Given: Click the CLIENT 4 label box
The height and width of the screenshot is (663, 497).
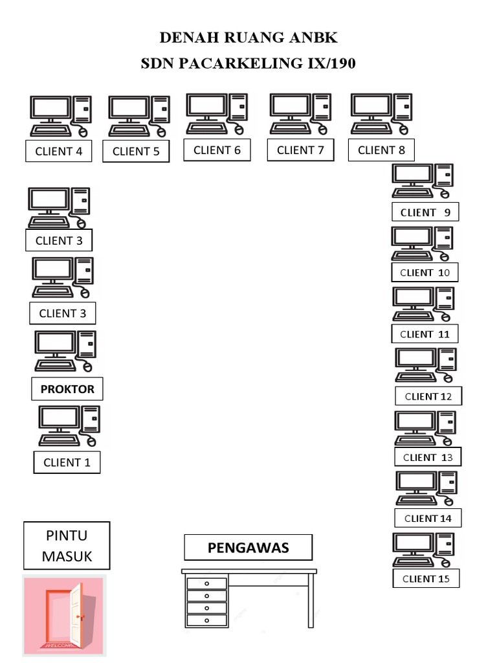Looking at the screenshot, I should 58,152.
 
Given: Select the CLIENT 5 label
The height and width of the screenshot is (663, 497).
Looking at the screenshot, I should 136,152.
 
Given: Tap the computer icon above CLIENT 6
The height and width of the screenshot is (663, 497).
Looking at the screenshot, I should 217,114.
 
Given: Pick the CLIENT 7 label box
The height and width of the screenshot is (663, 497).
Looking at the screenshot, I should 300,150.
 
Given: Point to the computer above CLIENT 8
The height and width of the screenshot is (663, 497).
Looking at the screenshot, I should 381,114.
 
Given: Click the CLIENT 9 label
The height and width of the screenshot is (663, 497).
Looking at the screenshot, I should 425,212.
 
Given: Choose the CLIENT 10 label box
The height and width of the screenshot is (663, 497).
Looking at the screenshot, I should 425,273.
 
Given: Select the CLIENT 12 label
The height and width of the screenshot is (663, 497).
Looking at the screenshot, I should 428,396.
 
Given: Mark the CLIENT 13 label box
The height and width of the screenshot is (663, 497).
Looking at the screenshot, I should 428,457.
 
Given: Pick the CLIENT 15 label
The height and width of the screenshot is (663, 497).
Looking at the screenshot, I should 426,579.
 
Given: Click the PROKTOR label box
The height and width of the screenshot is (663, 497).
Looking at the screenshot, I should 67,389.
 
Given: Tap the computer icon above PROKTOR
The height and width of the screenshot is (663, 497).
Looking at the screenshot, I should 65,351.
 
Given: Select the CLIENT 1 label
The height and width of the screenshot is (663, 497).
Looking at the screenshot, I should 67,462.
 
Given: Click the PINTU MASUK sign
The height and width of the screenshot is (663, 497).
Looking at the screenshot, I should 67,546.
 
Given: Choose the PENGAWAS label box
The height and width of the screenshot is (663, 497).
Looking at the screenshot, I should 248,548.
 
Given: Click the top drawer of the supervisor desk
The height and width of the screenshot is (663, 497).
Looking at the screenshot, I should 207,584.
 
